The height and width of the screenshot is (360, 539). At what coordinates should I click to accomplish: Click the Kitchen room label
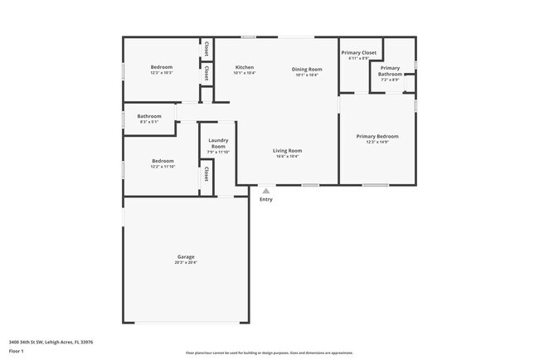point(244,67)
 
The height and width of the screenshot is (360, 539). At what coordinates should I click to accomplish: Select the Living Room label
point(288,150)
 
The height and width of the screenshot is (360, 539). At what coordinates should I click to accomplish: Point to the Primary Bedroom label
point(377,136)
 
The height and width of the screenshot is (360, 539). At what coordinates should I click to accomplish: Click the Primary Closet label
point(358,53)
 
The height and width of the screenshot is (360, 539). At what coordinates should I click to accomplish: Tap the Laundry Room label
point(218,143)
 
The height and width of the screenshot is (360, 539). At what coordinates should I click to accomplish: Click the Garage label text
point(186,256)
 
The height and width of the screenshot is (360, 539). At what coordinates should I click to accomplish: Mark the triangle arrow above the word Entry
point(266,191)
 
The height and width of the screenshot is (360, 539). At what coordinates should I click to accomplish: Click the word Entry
point(266,199)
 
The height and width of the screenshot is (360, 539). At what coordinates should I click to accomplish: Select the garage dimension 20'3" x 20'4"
point(186,263)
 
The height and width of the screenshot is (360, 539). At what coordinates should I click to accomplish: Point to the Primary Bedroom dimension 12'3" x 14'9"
point(377,143)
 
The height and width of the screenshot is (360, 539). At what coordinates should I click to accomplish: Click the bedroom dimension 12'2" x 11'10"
point(163,168)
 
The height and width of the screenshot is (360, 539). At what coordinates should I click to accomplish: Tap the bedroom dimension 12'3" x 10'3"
point(162,73)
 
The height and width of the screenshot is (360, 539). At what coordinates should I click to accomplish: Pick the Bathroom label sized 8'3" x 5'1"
point(149,116)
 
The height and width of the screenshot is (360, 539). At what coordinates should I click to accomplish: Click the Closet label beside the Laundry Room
point(206,174)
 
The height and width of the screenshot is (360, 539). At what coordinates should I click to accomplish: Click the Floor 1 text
point(17,351)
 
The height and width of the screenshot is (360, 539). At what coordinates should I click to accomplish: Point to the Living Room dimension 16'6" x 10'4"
point(288,157)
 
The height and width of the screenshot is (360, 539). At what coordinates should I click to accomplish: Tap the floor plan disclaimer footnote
point(269,353)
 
